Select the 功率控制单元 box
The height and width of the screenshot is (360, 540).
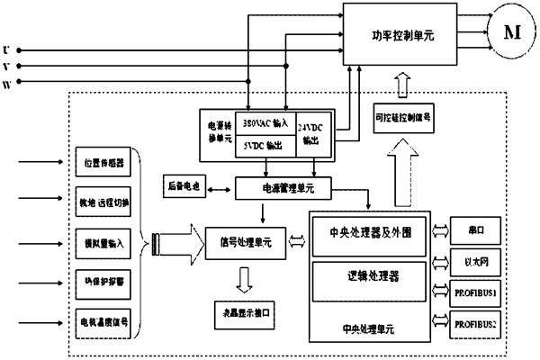click(403, 37)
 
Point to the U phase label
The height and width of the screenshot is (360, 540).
click(8, 50)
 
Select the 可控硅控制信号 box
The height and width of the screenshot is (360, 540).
click(400, 116)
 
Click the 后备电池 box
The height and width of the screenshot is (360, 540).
click(184, 187)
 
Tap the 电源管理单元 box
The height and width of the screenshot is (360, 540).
click(283, 188)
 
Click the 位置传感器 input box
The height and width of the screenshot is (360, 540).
click(98, 166)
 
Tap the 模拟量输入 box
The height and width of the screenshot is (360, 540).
click(98, 243)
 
